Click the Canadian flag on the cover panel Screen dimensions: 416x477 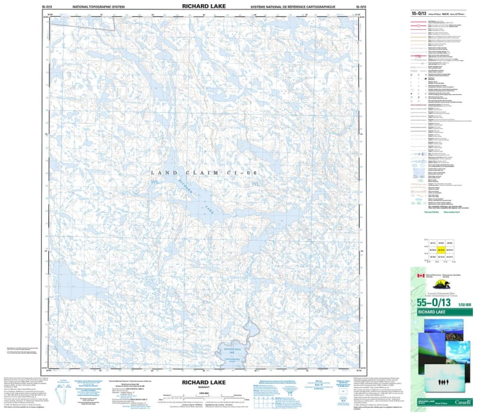point(421,276)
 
